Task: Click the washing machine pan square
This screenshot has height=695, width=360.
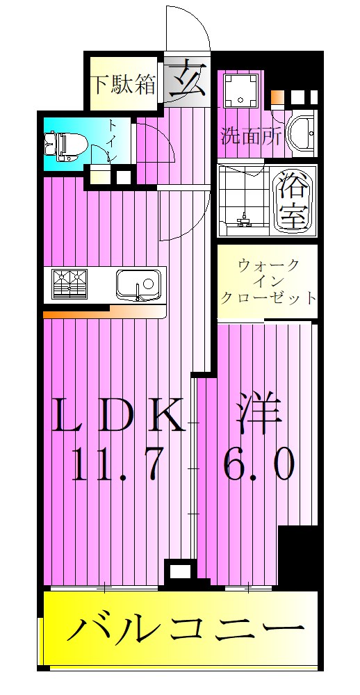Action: tap(240, 88)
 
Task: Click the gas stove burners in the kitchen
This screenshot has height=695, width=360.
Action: tap(72, 284)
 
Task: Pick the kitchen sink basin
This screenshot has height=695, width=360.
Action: tap(138, 284)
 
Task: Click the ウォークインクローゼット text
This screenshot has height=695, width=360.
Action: tap(268, 282)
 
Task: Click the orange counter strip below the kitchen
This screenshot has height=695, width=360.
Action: tap(94, 314)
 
